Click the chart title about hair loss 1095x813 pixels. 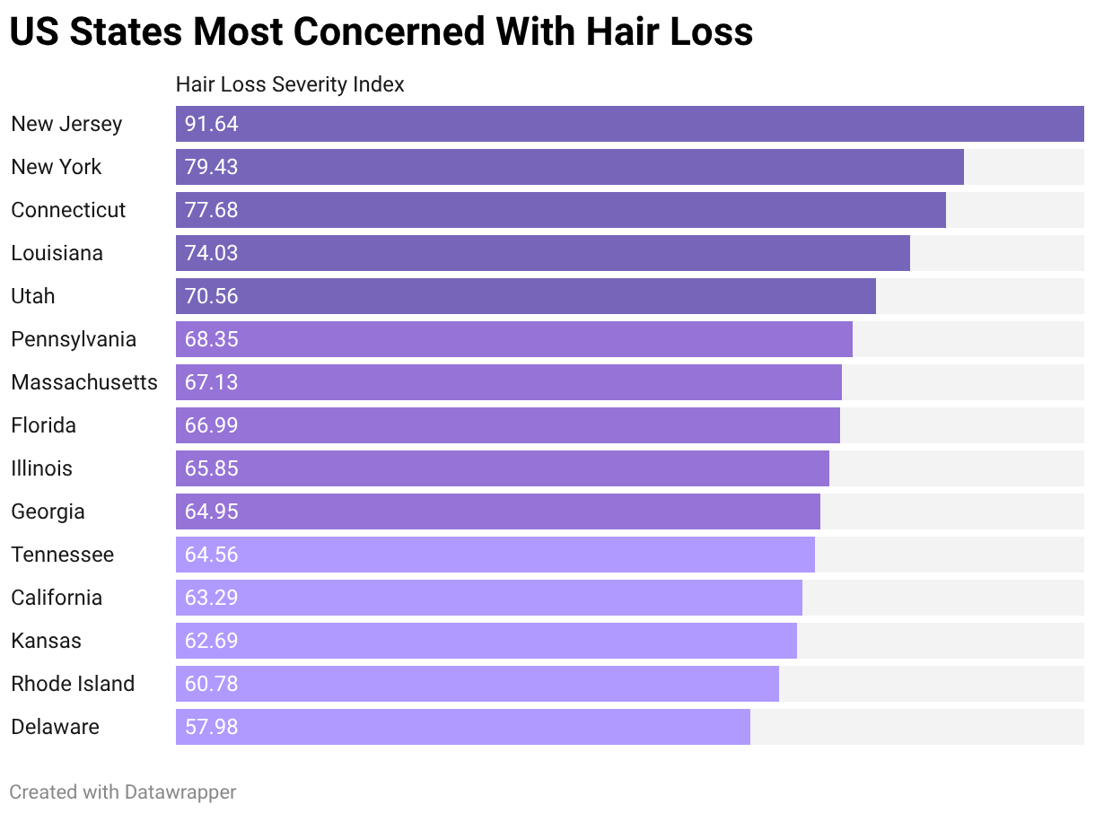coord(381,32)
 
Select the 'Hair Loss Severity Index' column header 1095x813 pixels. coord(290,84)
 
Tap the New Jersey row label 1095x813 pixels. coord(66,124)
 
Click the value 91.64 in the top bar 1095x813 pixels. coord(212,124)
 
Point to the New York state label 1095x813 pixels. coord(57,167)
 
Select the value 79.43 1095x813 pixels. coord(212,167)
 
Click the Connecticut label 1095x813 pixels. coord(68,210)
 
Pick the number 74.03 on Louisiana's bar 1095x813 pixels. coord(212,253)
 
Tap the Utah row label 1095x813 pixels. coord(33,296)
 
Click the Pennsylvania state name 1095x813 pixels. coord(74,339)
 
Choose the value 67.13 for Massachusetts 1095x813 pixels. coord(212,382)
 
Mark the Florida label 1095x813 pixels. coord(43,425)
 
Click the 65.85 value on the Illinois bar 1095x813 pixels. coord(212,468)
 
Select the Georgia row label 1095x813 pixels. coord(48,511)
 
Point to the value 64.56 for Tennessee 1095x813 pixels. coord(212,555)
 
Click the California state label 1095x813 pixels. coord(57,598)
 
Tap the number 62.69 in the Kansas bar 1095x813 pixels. coord(212,641)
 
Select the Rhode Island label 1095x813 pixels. coord(73,684)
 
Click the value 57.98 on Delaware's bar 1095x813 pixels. coord(212,727)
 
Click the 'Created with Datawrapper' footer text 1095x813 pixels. coord(123,791)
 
